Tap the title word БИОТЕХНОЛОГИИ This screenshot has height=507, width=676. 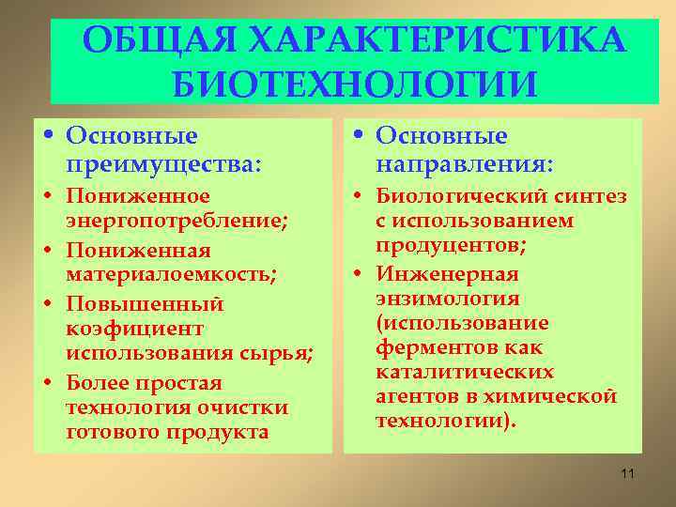tap(356, 84)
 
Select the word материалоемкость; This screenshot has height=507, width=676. tap(170, 274)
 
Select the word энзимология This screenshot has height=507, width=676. tap(447, 299)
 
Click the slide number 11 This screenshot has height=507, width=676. tap(628, 473)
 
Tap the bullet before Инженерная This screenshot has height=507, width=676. tap(361, 274)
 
